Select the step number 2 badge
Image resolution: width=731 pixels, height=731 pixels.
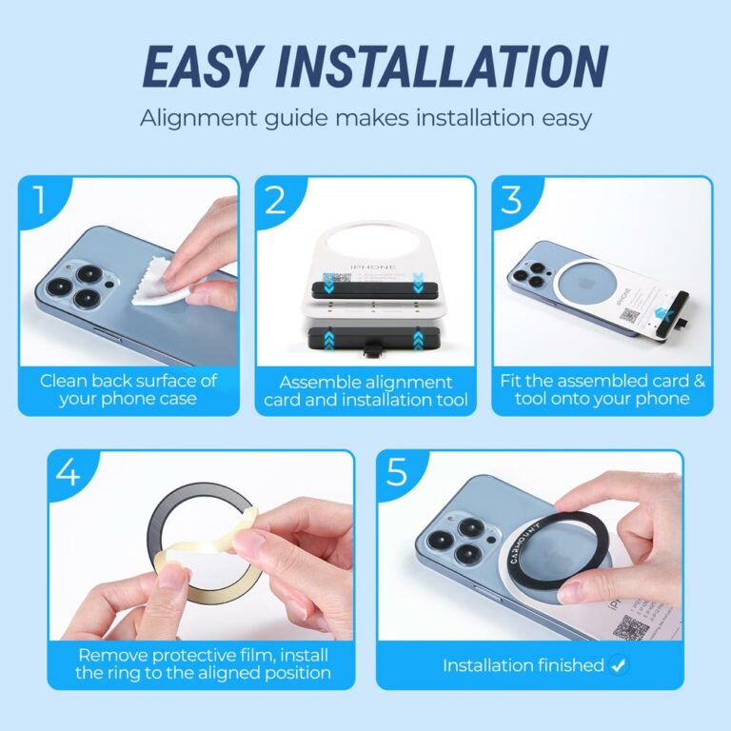point(276,201)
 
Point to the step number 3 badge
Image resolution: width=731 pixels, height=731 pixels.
point(512,201)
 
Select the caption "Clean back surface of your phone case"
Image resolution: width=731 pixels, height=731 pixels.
point(128,389)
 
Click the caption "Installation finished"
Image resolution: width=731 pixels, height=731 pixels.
point(523,665)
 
